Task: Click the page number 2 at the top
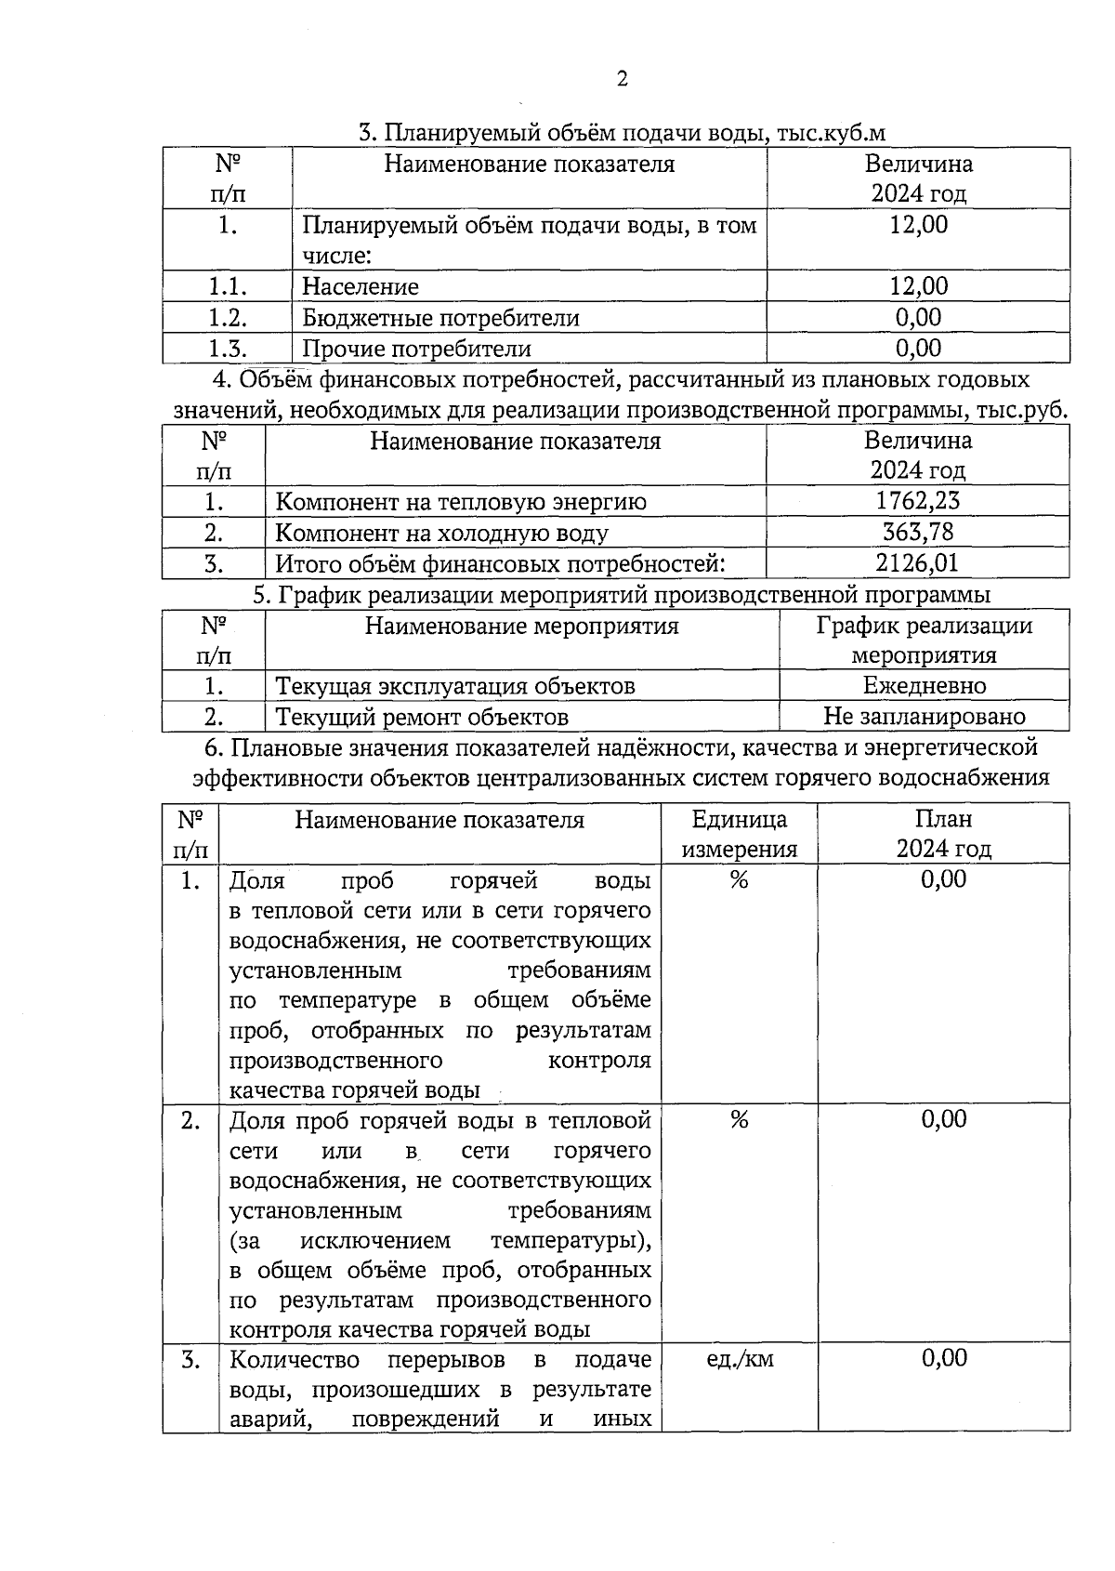[x=622, y=79]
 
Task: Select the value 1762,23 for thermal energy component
[x=918, y=501]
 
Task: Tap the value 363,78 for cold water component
[x=918, y=533]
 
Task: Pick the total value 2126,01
[x=918, y=563]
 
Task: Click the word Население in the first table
[x=361, y=287]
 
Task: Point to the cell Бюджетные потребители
[x=440, y=318]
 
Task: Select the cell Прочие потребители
[x=416, y=349]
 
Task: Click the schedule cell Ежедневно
[x=925, y=686]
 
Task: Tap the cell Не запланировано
[x=925, y=717]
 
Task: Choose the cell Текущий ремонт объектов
[x=422, y=717]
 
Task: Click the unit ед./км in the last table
[x=740, y=1359]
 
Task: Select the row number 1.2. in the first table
[x=227, y=318]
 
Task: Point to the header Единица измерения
[x=740, y=834]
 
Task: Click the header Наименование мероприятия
[x=521, y=626]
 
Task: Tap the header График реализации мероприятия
[x=925, y=640]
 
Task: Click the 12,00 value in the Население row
[x=918, y=287]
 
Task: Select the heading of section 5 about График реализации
[x=621, y=594]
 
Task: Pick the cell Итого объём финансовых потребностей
[x=500, y=563]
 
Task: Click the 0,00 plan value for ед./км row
[x=944, y=1358]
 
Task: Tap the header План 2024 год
[x=944, y=834]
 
